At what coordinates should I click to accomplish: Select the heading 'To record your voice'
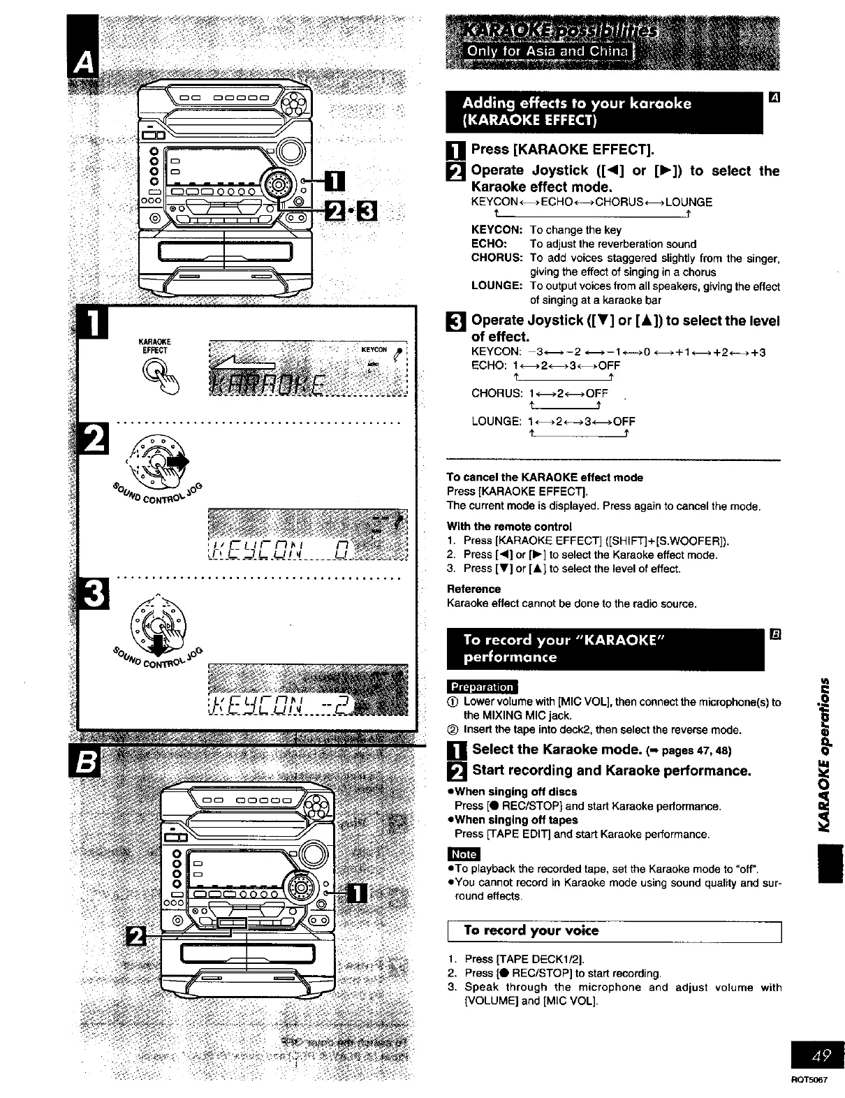(531, 931)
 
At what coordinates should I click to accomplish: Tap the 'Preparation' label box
(482, 687)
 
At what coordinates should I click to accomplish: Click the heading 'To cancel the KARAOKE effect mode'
(545, 478)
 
